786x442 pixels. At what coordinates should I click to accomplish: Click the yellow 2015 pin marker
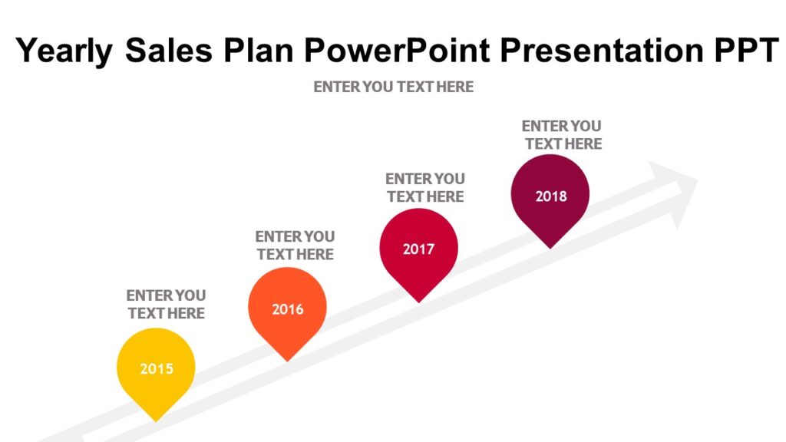point(156,369)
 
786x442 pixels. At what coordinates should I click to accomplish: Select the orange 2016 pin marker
point(287,308)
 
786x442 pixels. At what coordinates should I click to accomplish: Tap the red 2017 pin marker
point(418,249)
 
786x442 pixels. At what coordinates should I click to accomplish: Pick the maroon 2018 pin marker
point(550,195)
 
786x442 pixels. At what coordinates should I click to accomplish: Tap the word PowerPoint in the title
point(398,51)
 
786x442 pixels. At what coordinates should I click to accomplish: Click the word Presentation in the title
point(599,51)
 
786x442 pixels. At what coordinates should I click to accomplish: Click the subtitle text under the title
point(393,87)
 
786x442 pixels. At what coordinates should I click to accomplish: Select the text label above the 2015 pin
point(166,304)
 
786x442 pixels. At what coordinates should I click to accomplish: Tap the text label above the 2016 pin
point(295,245)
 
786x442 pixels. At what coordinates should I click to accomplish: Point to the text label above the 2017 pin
point(425,187)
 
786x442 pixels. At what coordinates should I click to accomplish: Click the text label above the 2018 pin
point(562,134)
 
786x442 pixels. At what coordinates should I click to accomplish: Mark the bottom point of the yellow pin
point(157,419)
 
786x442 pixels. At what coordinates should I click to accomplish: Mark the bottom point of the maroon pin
point(550,246)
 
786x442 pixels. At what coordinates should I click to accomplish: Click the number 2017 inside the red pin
point(418,249)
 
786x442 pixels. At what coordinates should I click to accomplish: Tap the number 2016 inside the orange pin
point(287,309)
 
